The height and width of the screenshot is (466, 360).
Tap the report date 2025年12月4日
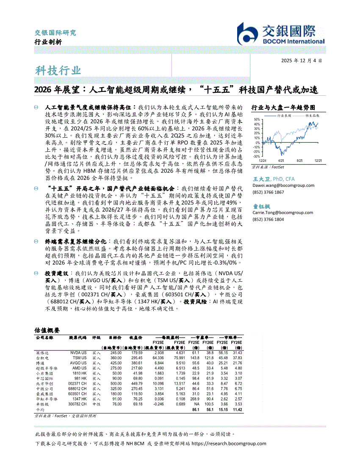pyautogui.click(x=301, y=61)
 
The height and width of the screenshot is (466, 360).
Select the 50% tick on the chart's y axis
pyautogui.click(x=256, y=119)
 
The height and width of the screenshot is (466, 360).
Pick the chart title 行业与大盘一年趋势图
pyautogui.click(x=283, y=108)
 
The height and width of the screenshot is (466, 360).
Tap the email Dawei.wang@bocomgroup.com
pyautogui.click(x=283, y=185)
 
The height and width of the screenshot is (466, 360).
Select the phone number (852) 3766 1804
pyautogui.click(x=268, y=219)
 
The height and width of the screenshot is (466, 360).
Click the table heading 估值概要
pyautogui.click(x=47, y=330)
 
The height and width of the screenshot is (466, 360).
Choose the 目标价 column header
pyautogui.click(x=115, y=338)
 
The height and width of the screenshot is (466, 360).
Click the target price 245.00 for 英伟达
pyautogui.click(x=116, y=353)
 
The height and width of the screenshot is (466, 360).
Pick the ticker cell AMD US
pyautogui.click(x=78, y=368)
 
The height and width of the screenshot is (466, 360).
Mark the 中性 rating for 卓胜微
pyautogui.click(x=96, y=404)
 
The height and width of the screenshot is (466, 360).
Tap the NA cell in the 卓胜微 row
pyautogui.click(x=197, y=404)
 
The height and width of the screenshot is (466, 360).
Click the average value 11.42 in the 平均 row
pyautogui.click(x=237, y=410)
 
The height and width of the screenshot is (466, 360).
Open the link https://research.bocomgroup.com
pyautogui.click(x=229, y=444)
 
